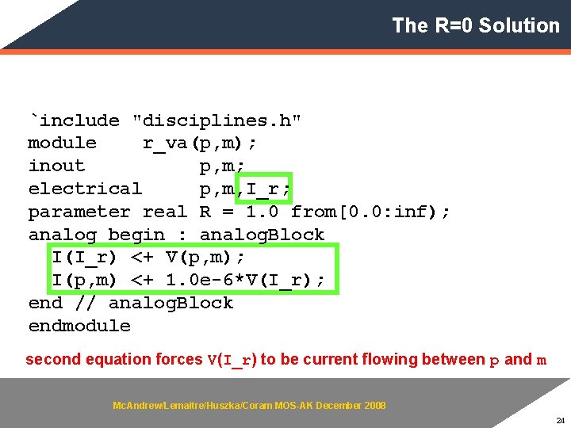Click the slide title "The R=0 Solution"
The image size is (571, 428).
(x=475, y=25)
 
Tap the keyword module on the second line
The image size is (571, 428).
(x=62, y=143)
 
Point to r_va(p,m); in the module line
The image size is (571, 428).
(x=199, y=143)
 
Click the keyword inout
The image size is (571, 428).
(x=56, y=166)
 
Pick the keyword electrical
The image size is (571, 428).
(x=85, y=189)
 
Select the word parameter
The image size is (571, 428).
(x=79, y=212)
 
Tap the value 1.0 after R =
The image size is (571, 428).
(x=263, y=212)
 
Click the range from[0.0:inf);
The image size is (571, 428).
(x=370, y=212)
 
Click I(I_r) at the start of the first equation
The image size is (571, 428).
(x=85, y=258)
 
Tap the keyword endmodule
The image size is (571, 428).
(x=79, y=326)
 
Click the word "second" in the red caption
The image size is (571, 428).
(x=53, y=360)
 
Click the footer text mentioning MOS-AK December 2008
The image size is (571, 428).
(x=249, y=406)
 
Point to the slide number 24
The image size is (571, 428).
(x=560, y=420)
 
